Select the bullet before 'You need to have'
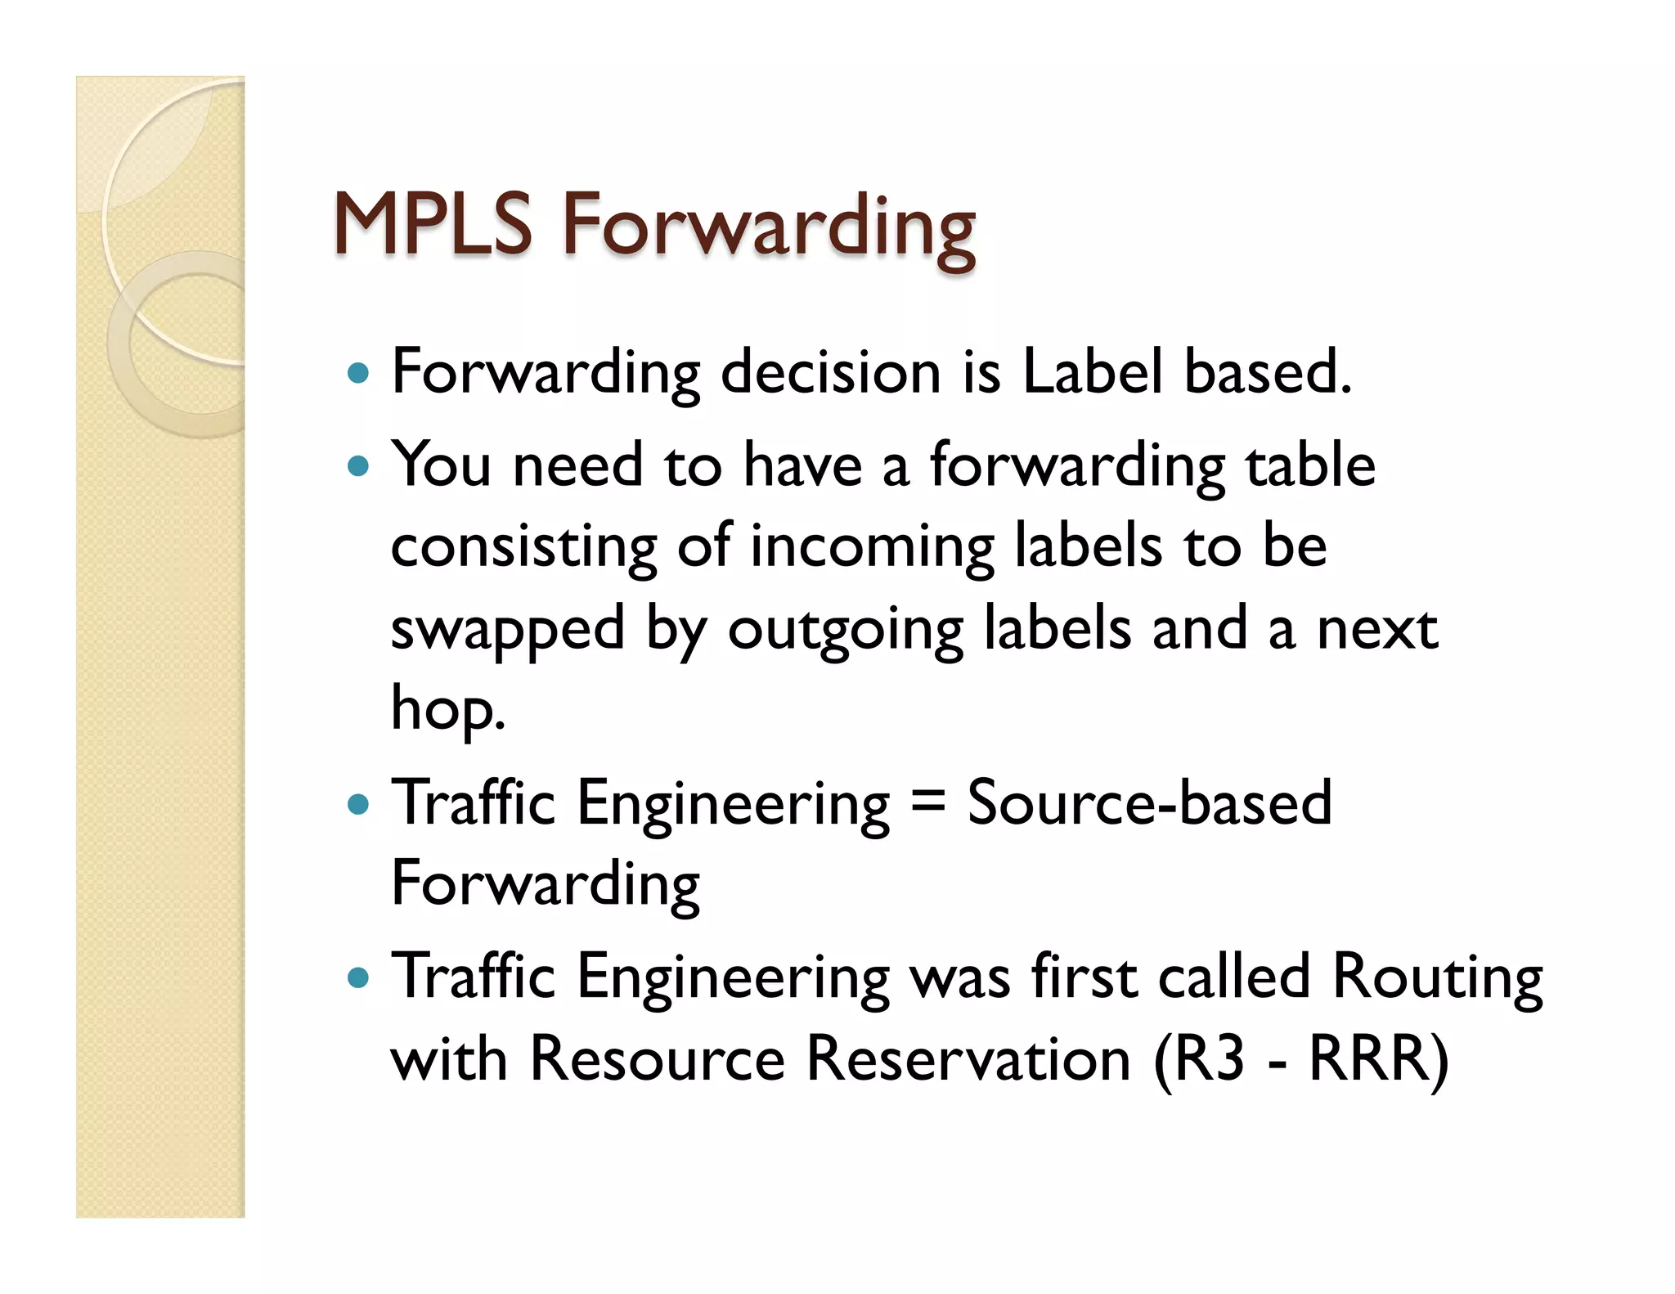(358, 467)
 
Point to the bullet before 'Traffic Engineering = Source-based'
(358, 805)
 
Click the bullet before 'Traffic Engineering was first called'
(358, 977)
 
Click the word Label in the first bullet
(1092, 372)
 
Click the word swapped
(507, 630)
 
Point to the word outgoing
(845, 630)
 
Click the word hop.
(447, 709)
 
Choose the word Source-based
(1149, 803)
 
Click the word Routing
(1436, 977)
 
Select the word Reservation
(968, 1059)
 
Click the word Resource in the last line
(658, 1059)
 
